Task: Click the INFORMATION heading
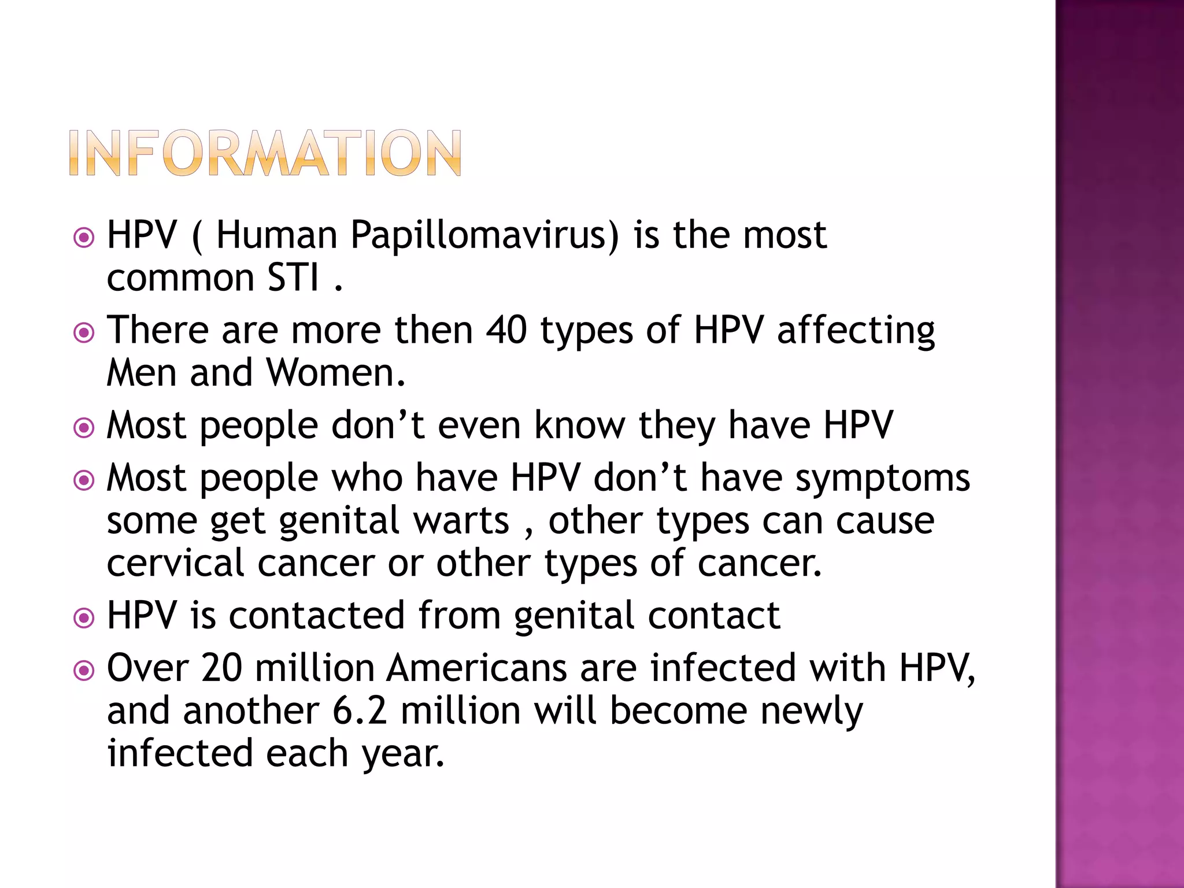[265, 153]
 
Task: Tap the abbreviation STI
[293, 278]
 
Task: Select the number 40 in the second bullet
[506, 330]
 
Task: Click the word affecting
[856, 330]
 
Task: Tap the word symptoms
[882, 479]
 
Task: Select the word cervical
[176, 563]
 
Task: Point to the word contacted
[316, 615]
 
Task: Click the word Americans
[477, 668]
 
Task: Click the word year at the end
[403, 753]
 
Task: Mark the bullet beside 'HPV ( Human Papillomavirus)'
[84, 237]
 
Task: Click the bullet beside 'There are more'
[84, 332]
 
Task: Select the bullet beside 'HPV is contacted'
[84, 617]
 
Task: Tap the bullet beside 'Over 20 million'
[84, 671]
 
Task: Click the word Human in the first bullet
[276, 236]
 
